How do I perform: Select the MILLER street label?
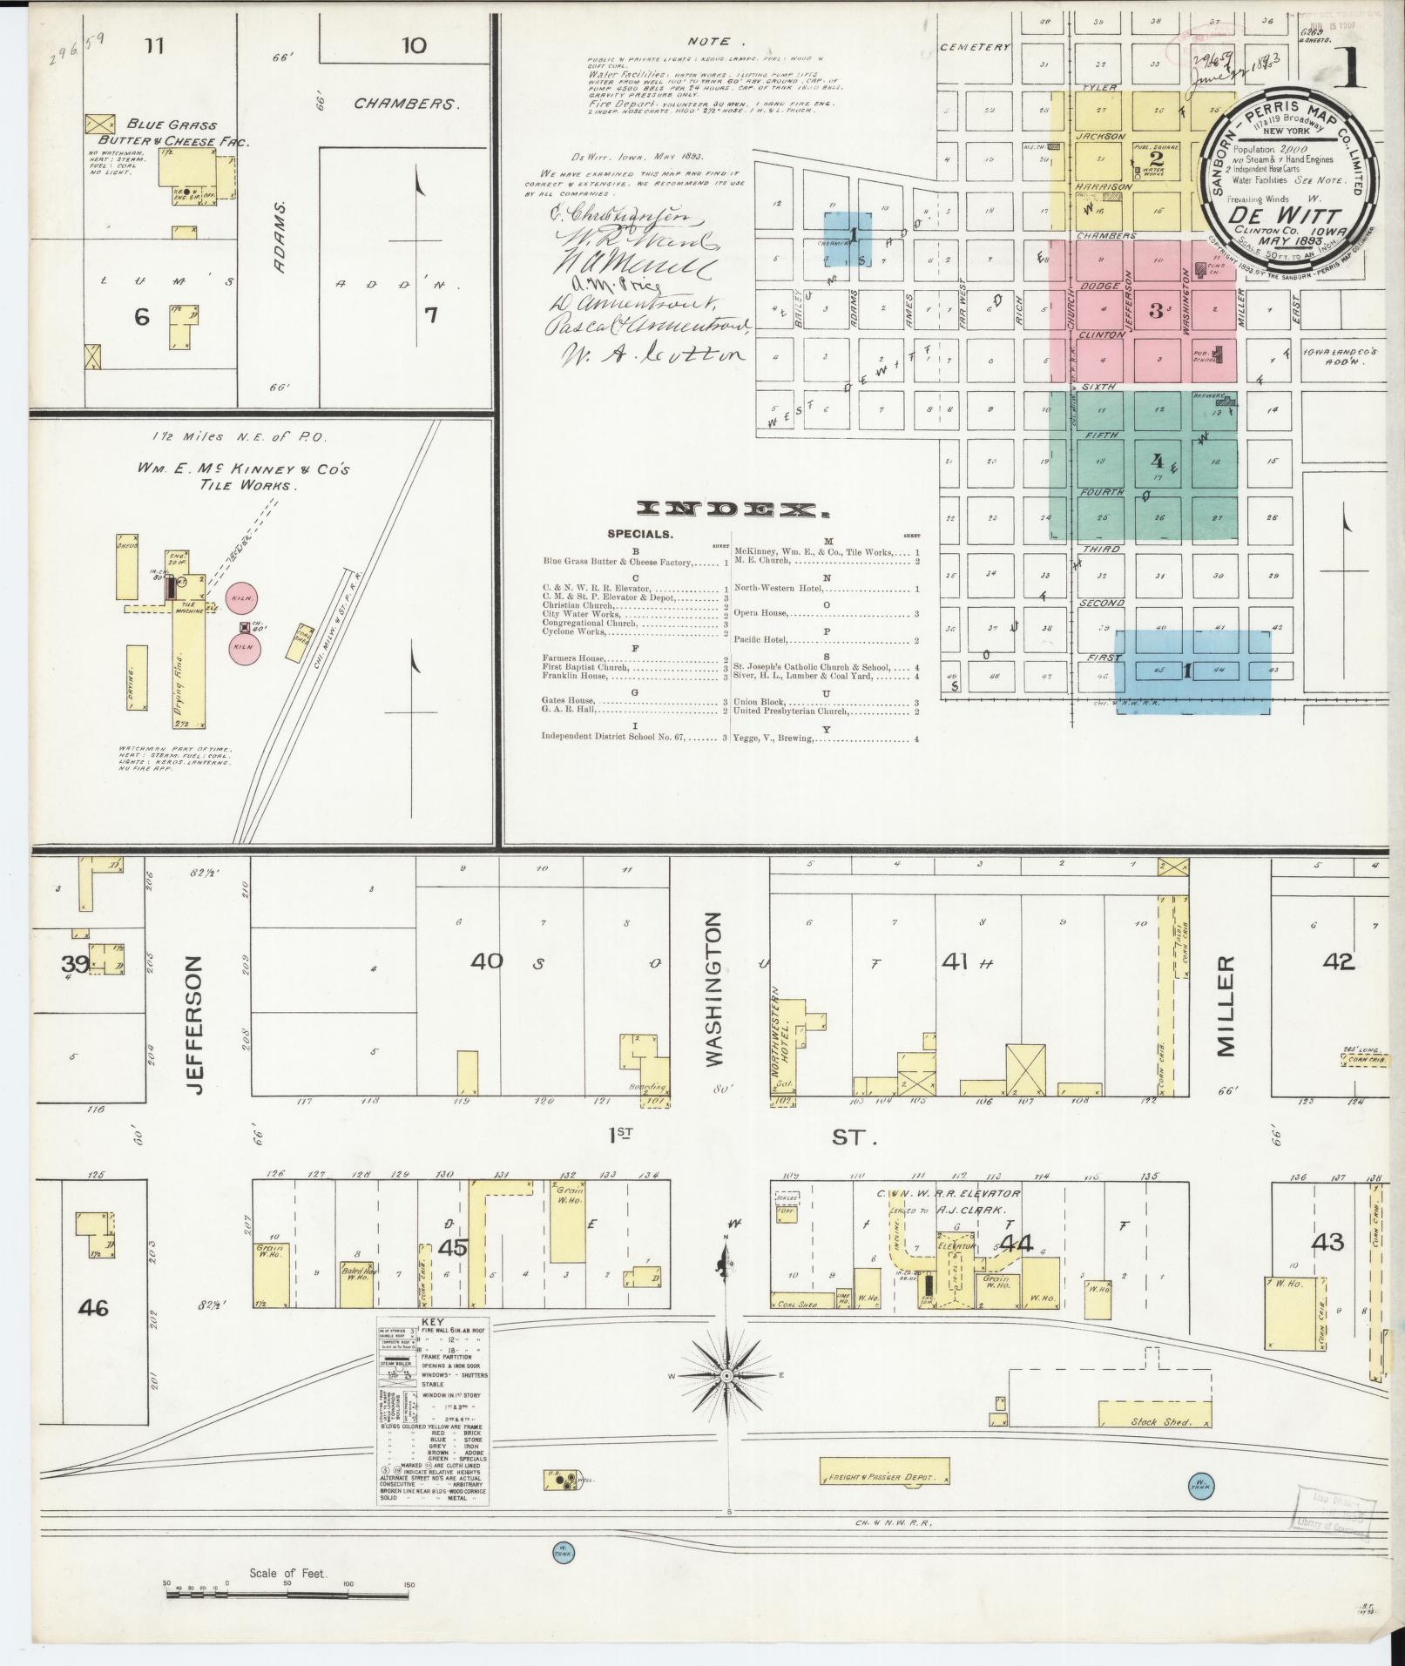[x=1226, y=1006]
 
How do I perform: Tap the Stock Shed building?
[x=1154, y=1421]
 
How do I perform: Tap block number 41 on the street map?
[x=955, y=962]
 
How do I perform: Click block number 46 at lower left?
[x=93, y=1306]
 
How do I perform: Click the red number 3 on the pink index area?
[x=1156, y=311]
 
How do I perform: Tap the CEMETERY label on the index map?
[x=976, y=47]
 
